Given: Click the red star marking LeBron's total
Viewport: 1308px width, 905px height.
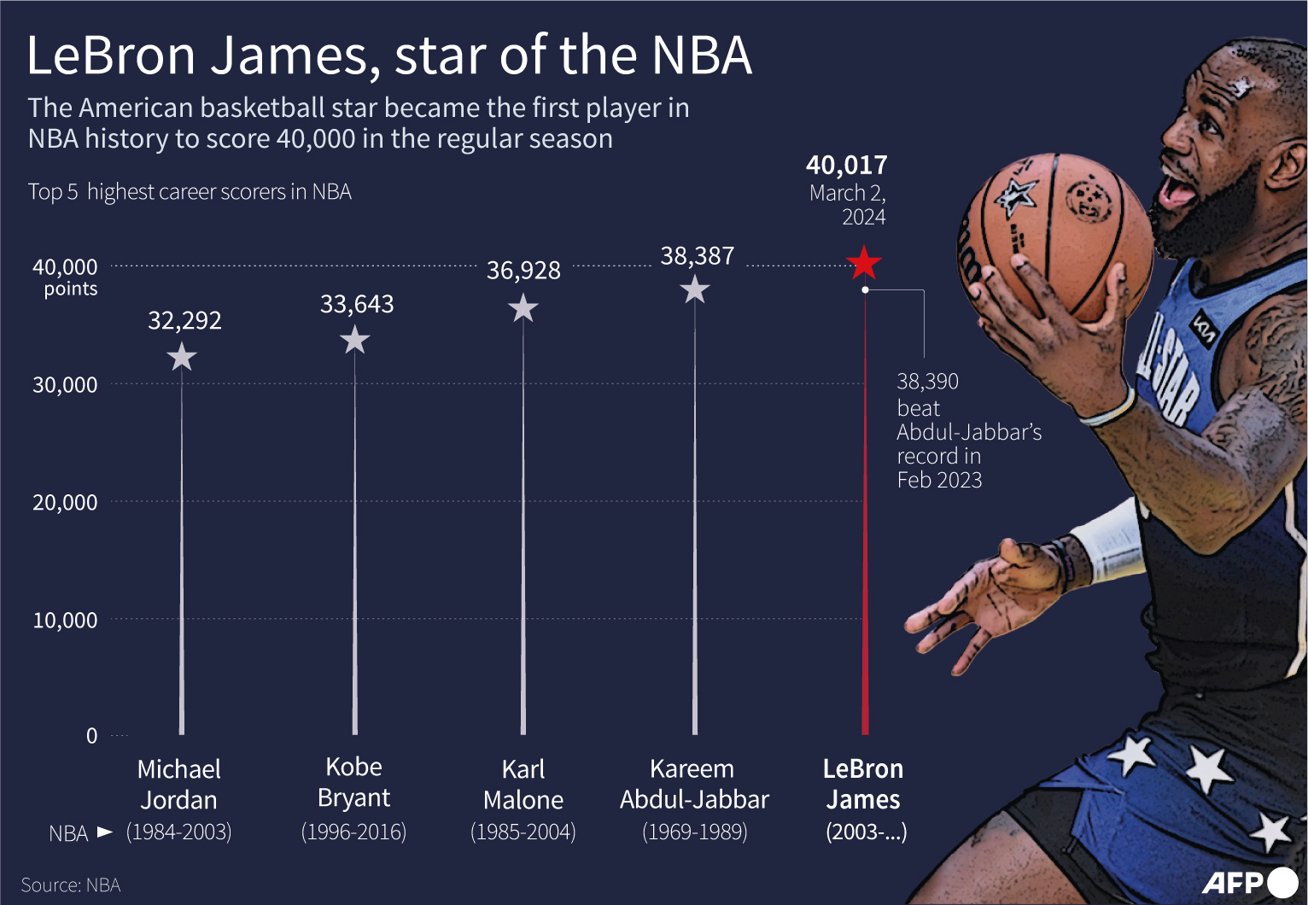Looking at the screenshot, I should point(864,263).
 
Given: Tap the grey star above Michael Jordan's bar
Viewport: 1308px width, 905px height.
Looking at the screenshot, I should point(182,357).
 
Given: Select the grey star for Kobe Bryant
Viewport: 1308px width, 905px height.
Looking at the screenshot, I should point(355,341).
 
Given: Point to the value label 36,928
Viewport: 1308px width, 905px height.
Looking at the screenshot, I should point(523,271).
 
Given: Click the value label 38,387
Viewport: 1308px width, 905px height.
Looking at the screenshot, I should point(697,256).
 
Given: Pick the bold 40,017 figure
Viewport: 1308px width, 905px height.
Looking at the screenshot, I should point(846,165).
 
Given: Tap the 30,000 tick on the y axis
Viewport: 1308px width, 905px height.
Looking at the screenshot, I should point(65,385).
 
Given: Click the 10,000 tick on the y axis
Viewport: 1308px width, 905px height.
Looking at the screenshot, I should point(65,620).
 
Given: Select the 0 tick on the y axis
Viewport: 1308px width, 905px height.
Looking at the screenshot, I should point(92,736).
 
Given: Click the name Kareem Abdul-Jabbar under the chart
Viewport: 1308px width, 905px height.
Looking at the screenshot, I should point(694,785).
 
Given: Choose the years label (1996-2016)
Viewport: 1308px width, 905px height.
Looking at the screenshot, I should point(353,832).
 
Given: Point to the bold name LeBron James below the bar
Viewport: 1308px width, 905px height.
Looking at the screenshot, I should point(863,785).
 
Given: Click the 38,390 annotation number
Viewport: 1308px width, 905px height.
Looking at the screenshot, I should point(927,381).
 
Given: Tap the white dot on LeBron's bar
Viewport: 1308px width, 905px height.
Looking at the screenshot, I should point(865,290).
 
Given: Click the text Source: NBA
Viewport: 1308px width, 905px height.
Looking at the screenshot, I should point(71,885).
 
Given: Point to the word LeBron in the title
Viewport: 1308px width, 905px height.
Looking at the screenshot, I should point(112,55).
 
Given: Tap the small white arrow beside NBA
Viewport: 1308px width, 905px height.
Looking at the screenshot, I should point(105,832).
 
